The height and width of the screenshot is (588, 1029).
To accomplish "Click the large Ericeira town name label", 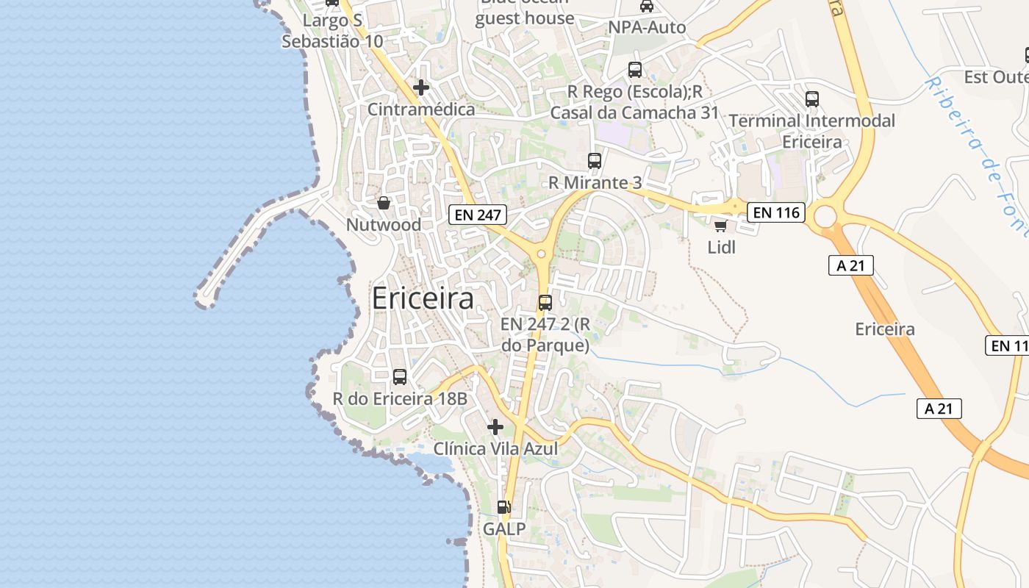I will pyautogui.click(x=423, y=298).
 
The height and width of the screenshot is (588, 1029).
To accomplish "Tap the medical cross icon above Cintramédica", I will pyautogui.click(x=421, y=87).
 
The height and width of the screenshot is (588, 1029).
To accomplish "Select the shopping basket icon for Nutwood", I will pyautogui.click(x=384, y=203).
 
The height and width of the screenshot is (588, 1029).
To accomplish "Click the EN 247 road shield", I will pyautogui.click(x=478, y=215).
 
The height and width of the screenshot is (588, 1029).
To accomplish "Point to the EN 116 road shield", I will pyautogui.click(x=776, y=213).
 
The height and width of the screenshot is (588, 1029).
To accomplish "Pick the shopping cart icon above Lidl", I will pyautogui.click(x=721, y=226).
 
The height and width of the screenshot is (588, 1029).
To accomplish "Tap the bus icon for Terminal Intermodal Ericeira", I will pyautogui.click(x=812, y=99).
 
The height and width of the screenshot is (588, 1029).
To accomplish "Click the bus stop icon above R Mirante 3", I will pyautogui.click(x=595, y=160).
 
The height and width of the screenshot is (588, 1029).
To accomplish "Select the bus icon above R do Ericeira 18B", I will pyautogui.click(x=400, y=377).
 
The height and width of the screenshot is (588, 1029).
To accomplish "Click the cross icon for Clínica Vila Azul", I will pyautogui.click(x=495, y=426).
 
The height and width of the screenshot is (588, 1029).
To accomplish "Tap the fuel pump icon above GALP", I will pyautogui.click(x=504, y=506).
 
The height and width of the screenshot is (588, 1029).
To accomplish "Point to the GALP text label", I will pyautogui.click(x=504, y=528).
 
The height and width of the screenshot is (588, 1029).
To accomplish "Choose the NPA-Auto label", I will pyautogui.click(x=647, y=28).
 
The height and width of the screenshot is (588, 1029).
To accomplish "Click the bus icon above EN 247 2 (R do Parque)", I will pyautogui.click(x=545, y=302).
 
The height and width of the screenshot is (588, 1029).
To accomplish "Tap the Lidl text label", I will pyautogui.click(x=721, y=247).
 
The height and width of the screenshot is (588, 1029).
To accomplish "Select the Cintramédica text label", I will pyautogui.click(x=421, y=110).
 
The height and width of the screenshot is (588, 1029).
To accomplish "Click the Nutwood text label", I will pyautogui.click(x=384, y=225).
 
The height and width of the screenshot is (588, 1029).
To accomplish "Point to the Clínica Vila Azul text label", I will pyautogui.click(x=495, y=448).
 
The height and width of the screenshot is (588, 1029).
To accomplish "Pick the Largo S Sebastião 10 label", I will pyautogui.click(x=332, y=31).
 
